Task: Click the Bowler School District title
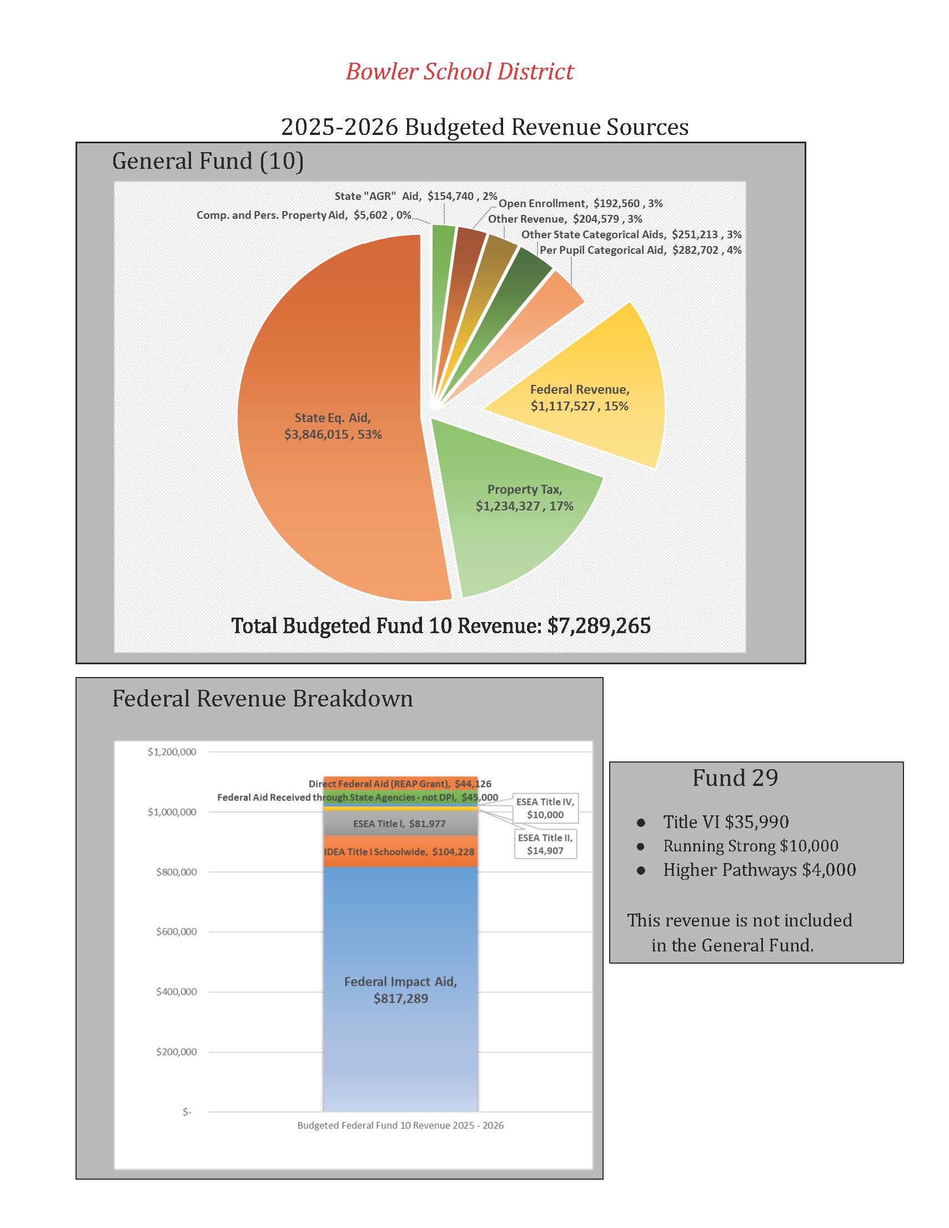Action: (459, 72)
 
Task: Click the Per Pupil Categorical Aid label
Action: (640, 250)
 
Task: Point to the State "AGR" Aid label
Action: (415, 196)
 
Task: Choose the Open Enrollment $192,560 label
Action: (580, 203)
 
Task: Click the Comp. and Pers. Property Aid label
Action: (304, 215)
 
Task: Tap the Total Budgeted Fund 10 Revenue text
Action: (441, 626)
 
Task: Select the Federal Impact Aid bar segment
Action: (400, 990)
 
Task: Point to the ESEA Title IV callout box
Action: (545, 808)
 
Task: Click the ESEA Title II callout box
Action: (545, 844)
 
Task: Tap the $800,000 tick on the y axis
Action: (177, 872)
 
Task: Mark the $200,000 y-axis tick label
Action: (177, 1052)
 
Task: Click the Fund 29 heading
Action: (735, 778)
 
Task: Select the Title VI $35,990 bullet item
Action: (725, 822)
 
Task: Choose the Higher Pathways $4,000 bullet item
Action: (759, 870)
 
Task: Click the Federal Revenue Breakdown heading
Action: (263, 698)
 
